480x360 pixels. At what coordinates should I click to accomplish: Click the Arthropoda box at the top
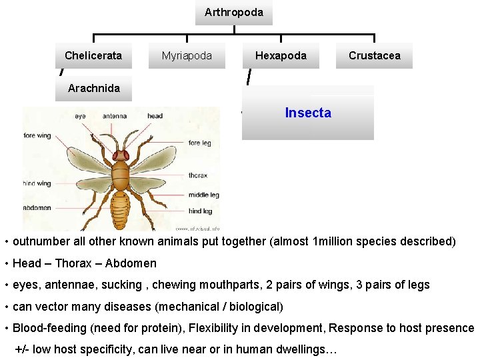(x=233, y=13)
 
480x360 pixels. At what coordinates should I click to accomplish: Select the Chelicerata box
(x=93, y=56)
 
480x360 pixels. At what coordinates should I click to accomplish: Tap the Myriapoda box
(x=187, y=56)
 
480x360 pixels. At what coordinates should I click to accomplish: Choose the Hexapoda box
(x=281, y=56)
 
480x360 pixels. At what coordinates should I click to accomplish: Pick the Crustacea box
(x=374, y=56)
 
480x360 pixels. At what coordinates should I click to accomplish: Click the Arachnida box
(x=94, y=88)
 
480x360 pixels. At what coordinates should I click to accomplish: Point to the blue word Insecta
(x=307, y=113)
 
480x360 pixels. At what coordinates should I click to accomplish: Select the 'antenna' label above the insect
(x=115, y=116)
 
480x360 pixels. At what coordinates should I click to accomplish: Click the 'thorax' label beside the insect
(x=198, y=176)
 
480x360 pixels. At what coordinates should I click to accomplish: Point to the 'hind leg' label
(x=200, y=211)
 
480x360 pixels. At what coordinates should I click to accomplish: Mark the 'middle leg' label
(x=203, y=195)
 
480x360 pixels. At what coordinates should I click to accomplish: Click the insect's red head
(x=121, y=156)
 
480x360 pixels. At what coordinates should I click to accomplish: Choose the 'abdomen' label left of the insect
(x=37, y=208)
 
